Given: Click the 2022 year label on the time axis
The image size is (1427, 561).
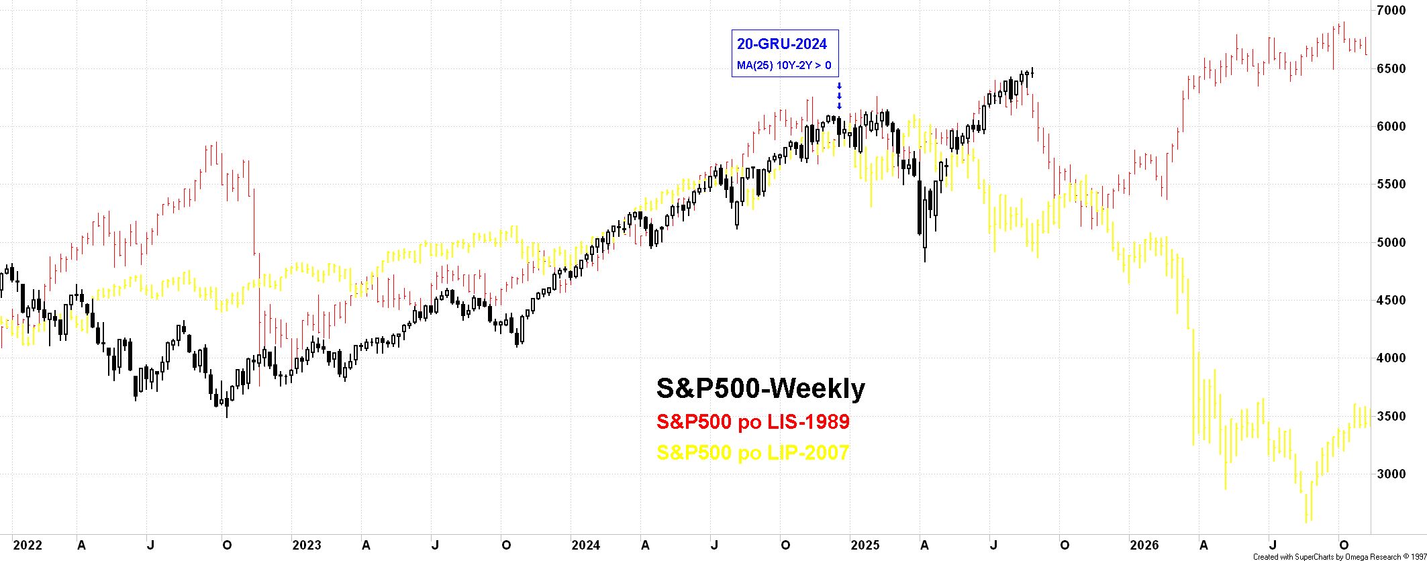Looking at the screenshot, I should pos(27,546).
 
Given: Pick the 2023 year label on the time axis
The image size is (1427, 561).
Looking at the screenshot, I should pos(306,546).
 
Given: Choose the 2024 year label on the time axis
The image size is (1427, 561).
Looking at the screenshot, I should pos(585,546).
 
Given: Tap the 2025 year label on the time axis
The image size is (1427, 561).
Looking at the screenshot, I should pos(865,546).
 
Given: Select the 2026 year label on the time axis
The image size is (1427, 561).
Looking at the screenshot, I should pos(1144,546).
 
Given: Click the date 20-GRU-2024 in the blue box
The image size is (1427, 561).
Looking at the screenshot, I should pos(782,44).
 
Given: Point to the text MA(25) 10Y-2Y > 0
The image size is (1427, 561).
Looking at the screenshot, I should pos(784,66).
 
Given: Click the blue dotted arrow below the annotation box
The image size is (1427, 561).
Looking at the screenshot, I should pos(839,96).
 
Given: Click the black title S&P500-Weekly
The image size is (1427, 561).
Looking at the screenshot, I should pos(760,389).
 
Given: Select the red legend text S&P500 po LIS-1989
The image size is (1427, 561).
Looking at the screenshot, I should pos(753,422).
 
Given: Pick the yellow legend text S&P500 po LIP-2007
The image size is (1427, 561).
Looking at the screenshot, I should pos(753,453).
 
